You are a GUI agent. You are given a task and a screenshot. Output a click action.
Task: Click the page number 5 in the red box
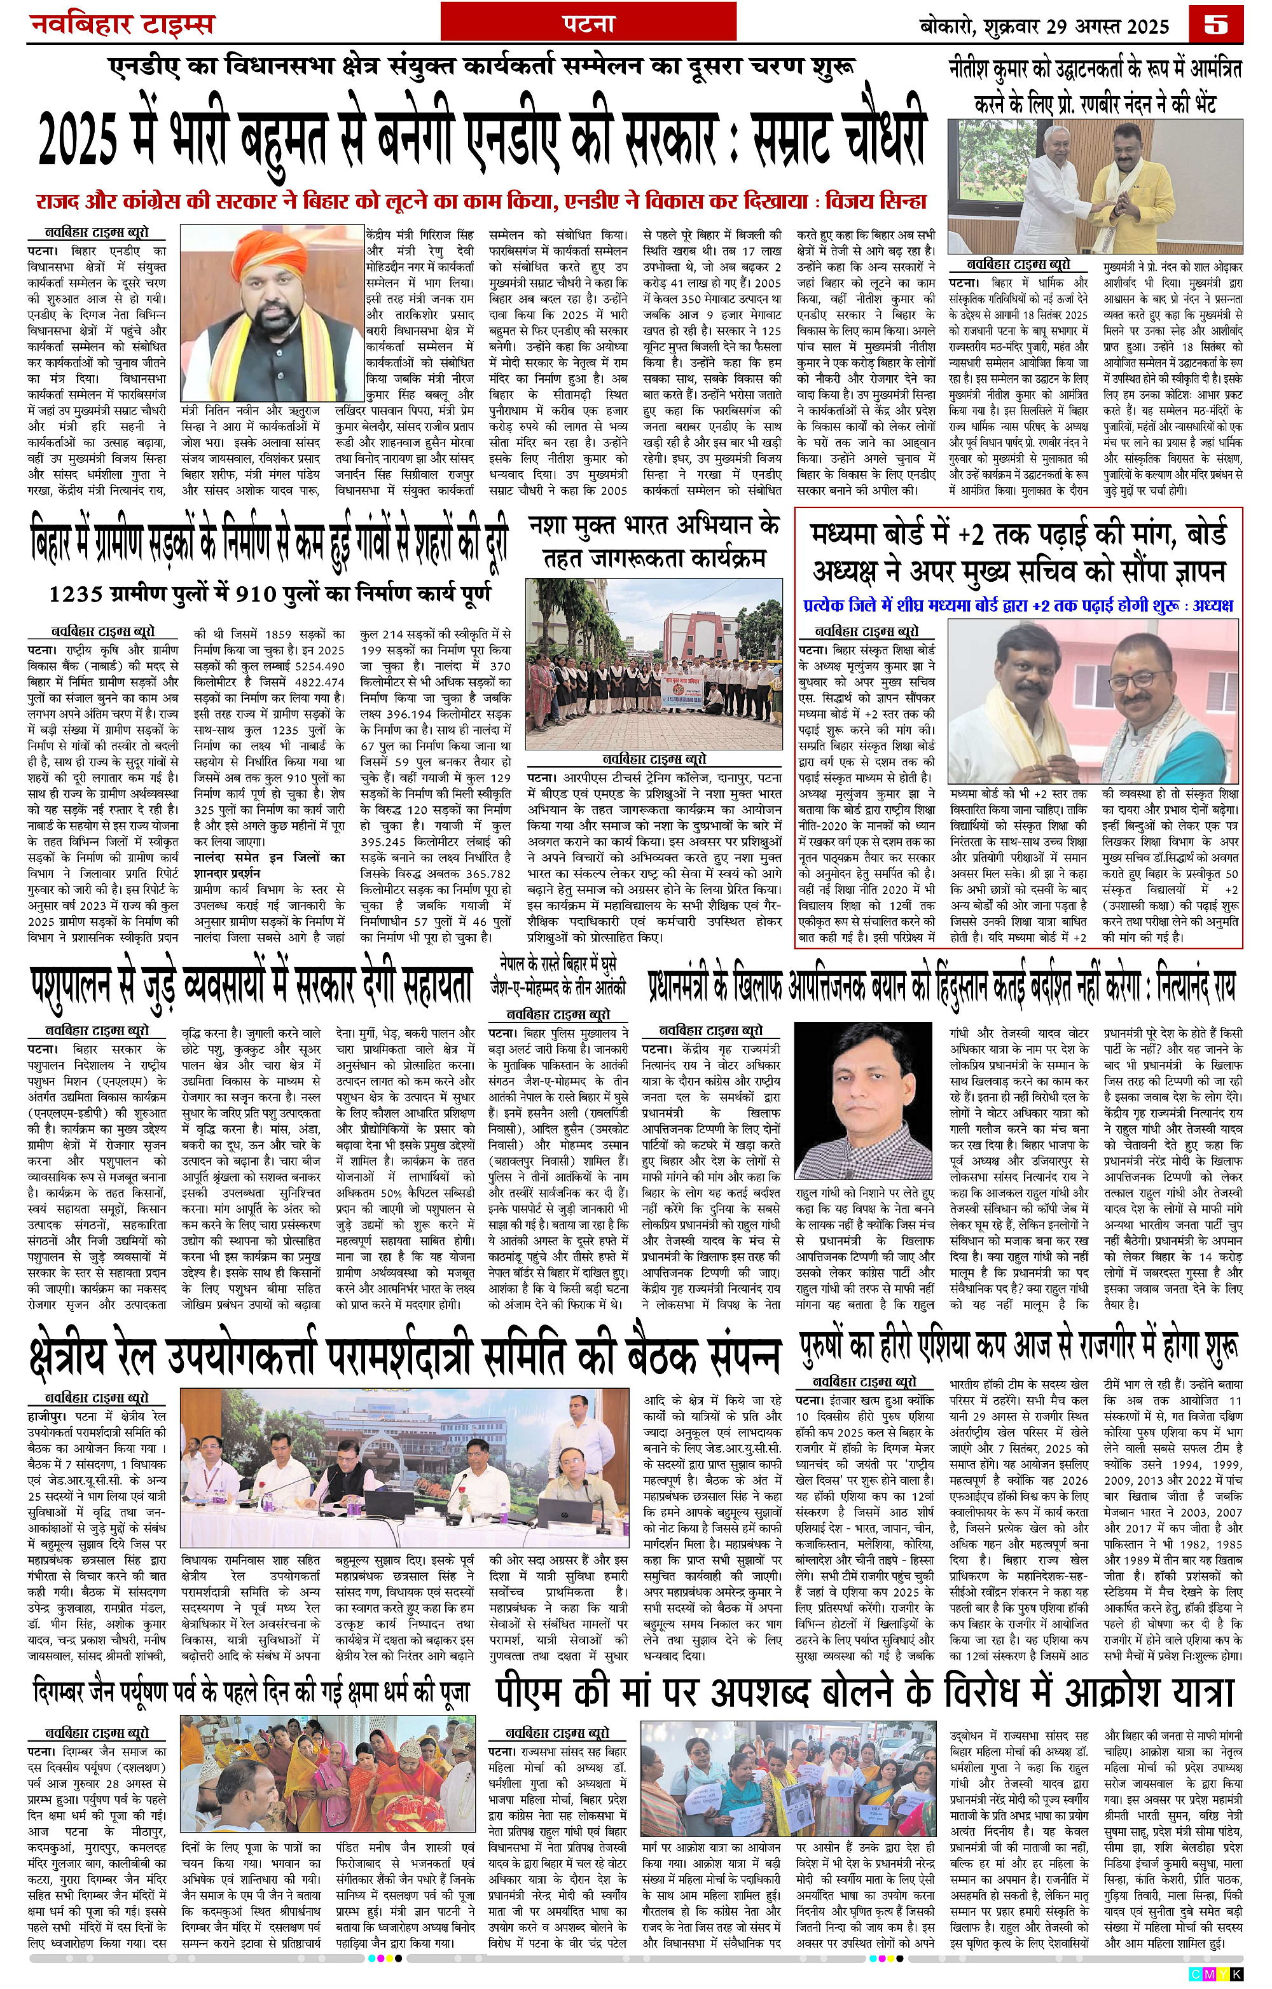pos(1216,25)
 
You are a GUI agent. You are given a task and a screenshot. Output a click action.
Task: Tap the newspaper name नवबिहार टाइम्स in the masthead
pos(121,25)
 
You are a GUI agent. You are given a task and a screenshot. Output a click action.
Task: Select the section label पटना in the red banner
pos(588,25)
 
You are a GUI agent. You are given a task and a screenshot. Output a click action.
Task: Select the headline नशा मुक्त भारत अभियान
pos(654,542)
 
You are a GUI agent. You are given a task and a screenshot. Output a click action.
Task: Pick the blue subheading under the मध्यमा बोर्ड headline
pos(1018,605)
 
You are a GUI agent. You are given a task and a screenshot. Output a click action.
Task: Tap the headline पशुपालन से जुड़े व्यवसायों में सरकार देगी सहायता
pos(251,984)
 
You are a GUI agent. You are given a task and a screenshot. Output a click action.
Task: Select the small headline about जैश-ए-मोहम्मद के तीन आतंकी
pos(558,976)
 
